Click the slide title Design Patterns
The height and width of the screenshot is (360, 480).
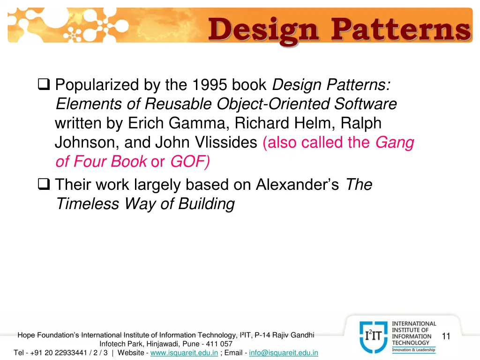[339, 29]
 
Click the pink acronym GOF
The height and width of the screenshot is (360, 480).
[189, 162]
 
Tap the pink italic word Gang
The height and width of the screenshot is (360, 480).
[395, 142]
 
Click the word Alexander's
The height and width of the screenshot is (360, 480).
[297, 185]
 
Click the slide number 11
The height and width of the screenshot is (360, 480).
[446, 336]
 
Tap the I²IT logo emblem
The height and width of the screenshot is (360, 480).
[374, 336]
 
